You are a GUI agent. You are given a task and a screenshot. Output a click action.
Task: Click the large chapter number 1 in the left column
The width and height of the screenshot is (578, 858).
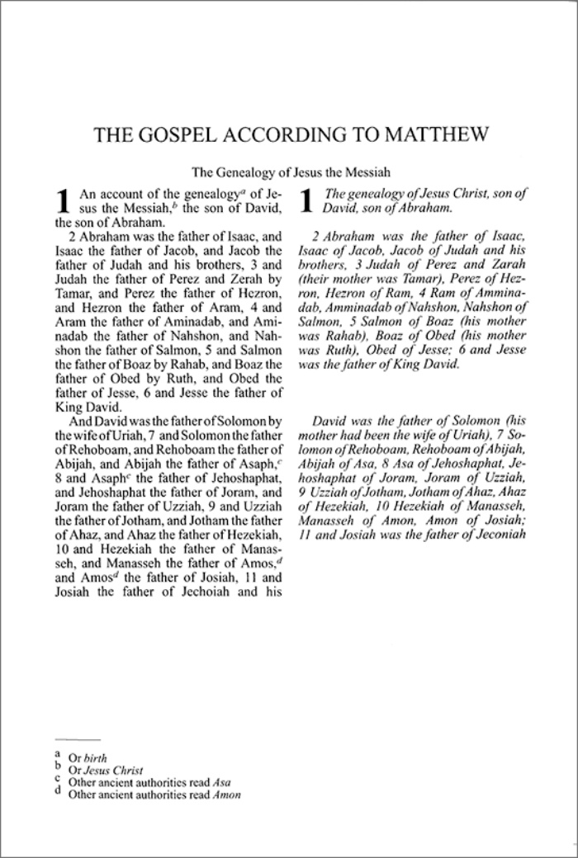pyautogui.click(x=61, y=203)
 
